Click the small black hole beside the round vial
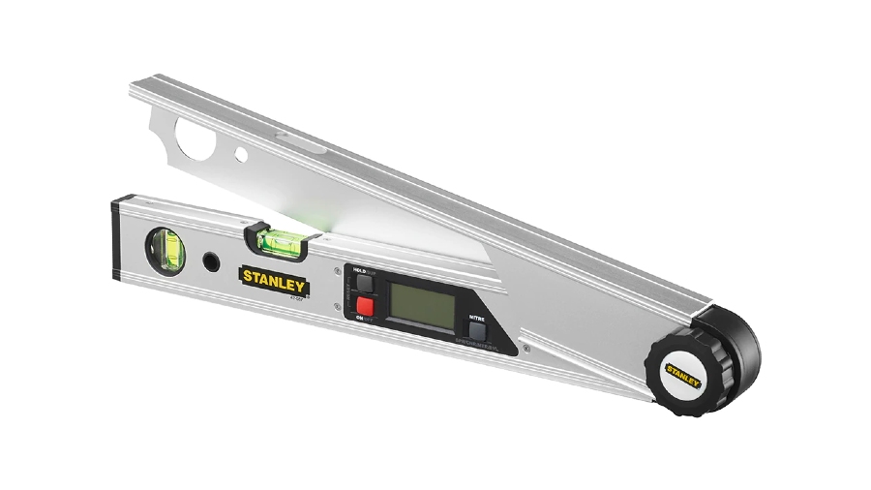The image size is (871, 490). click(209, 261)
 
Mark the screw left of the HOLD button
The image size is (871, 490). click(336, 270)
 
